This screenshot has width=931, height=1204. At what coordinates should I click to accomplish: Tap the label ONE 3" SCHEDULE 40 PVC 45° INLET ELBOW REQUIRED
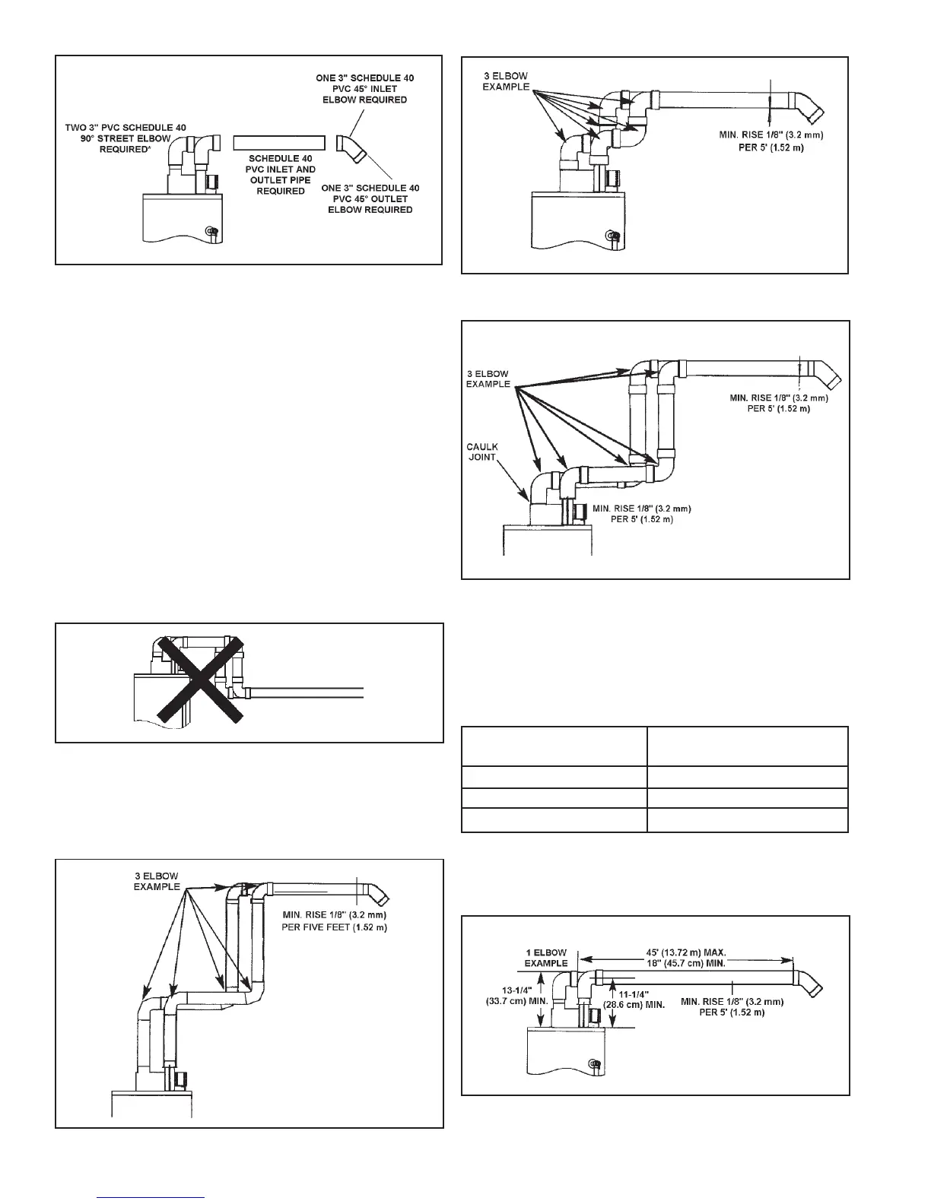pyautogui.click(x=365, y=89)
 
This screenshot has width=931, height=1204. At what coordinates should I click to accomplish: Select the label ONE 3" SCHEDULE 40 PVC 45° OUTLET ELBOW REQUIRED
pyautogui.click(x=370, y=198)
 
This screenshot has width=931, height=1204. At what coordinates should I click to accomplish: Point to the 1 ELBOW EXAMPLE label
pyautogui.click(x=546, y=958)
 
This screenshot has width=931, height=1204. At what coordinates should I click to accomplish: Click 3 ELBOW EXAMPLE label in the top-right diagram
pyautogui.click(x=506, y=81)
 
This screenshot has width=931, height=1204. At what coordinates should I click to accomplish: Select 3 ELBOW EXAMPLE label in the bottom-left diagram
pyautogui.click(x=155, y=881)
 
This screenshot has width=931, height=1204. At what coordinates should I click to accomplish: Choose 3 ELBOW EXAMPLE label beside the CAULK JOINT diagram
pyautogui.click(x=488, y=379)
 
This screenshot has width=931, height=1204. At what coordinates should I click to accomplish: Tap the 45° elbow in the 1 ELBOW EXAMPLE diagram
pyautogui.click(x=809, y=983)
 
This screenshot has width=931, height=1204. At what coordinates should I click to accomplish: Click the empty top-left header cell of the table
pyautogui.click(x=554, y=746)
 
